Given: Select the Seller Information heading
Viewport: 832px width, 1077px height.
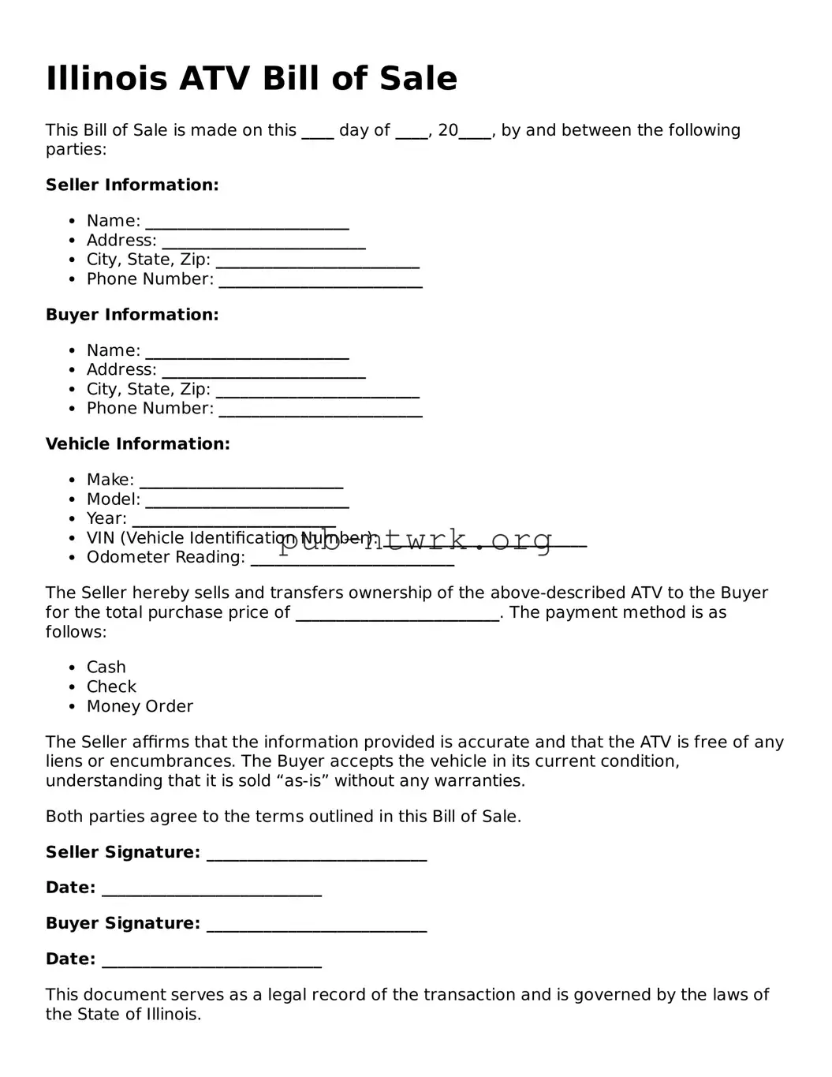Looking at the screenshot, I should (x=132, y=185).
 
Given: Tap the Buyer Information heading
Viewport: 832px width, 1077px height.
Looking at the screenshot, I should (x=132, y=315).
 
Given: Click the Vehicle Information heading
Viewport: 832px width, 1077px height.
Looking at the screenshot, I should (x=137, y=444).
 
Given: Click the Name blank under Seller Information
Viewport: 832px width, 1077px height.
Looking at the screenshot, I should (x=247, y=223).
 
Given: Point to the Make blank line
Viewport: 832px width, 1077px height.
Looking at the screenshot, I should (x=241, y=482).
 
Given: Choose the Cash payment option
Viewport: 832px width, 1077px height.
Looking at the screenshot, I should (x=106, y=668).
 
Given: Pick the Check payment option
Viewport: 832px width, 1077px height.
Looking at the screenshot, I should (x=111, y=687).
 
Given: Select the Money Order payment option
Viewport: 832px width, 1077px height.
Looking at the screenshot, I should (x=140, y=707).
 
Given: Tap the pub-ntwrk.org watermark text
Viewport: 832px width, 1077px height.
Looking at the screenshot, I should (x=416, y=540).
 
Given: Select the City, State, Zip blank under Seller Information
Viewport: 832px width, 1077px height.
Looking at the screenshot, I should (x=317, y=262).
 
